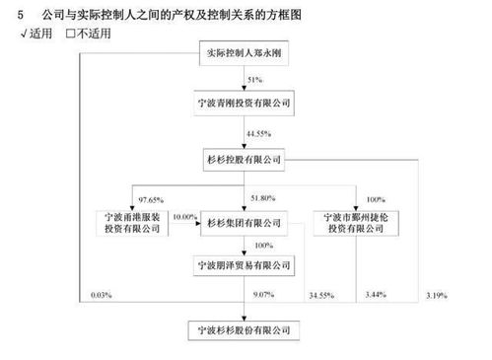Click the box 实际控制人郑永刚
coord(246,51)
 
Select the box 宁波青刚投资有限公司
coord(246,102)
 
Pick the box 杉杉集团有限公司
coord(246,223)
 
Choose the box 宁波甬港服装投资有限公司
coord(136,222)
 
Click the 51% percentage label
coord(254,78)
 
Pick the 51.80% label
coord(258,198)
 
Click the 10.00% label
coord(184,216)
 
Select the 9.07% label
coord(261,294)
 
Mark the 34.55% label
coord(322,294)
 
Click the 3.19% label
coord(432,294)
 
